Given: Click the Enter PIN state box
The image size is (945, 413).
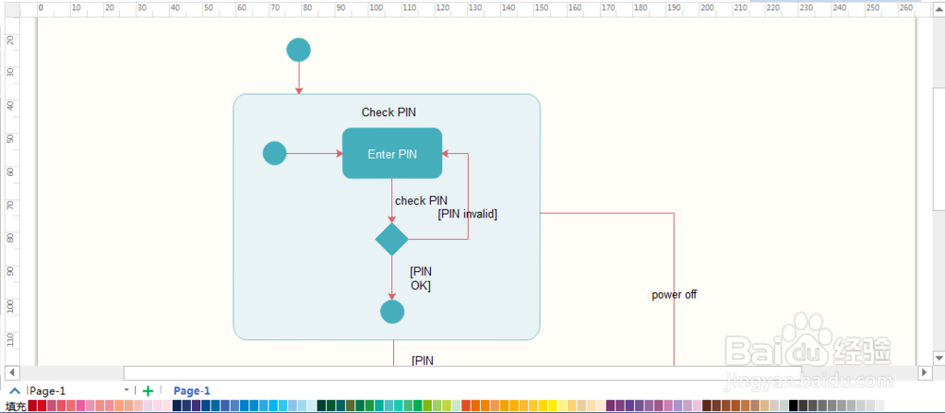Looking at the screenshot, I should (x=392, y=154).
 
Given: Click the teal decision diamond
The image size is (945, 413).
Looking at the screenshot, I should (x=392, y=239).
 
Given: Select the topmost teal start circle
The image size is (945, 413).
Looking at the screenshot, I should (x=299, y=50).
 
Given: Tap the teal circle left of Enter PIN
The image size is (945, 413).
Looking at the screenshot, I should (x=274, y=153).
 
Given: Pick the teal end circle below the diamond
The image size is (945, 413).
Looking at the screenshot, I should (x=392, y=311).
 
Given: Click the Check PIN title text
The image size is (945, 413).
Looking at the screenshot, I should (x=388, y=112).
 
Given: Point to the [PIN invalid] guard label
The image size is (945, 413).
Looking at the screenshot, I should (x=468, y=215).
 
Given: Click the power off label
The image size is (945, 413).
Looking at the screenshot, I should (x=674, y=295).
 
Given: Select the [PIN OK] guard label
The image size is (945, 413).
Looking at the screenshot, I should (x=421, y=278).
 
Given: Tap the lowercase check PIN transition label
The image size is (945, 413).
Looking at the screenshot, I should (x=421, y=200).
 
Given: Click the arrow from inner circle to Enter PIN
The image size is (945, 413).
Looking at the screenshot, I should (x=314, y=153).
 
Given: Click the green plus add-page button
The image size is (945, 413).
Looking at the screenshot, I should (x=148, y=390).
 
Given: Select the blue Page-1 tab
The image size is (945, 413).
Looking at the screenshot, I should (x=192, y=390).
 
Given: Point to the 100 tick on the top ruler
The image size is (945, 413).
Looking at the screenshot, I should (x=375, y=8).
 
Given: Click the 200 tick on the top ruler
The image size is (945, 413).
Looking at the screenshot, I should (x=707, y=8).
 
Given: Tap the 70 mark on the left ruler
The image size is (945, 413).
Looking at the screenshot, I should (x=10, y=205).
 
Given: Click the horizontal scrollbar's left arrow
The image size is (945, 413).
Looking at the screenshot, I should (x=12, y=372).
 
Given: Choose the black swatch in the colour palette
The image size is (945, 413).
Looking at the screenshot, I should (x=794, y=405).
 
